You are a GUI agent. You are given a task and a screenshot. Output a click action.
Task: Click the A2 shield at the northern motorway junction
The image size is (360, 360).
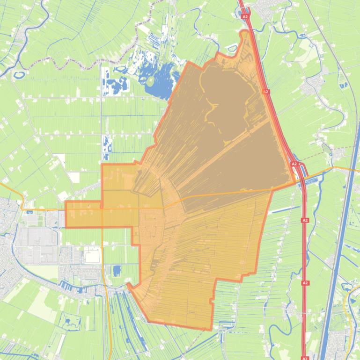tap(245, 16)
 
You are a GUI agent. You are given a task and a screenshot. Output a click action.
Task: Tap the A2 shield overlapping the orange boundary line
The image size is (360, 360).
tap(266, 92)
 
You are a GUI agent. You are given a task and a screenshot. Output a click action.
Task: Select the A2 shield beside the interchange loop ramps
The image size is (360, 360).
tap(294, 164)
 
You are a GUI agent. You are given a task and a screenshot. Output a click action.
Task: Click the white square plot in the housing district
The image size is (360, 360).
tap(92, 255)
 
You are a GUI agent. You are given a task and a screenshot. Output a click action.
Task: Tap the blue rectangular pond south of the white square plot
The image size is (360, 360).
tap(117, 270)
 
